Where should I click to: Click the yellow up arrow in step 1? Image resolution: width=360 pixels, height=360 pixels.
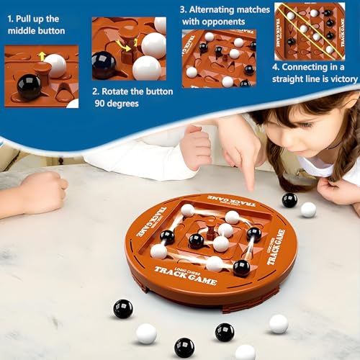click(42, 56)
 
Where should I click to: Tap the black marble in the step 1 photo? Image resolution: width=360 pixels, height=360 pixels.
click(29, 86)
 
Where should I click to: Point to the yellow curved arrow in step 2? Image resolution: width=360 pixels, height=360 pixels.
click(124, 45)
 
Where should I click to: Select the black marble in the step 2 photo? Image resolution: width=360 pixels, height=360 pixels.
click(104, 65)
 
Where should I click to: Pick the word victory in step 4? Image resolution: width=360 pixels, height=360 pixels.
click(344, 79)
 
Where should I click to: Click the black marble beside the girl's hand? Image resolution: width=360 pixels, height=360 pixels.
click(289, 200)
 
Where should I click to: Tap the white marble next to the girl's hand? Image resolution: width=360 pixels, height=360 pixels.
click(308, 210)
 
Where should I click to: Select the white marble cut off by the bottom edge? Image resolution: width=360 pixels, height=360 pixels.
click(245, 353)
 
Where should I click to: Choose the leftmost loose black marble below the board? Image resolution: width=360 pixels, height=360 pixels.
click(123, 309)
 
